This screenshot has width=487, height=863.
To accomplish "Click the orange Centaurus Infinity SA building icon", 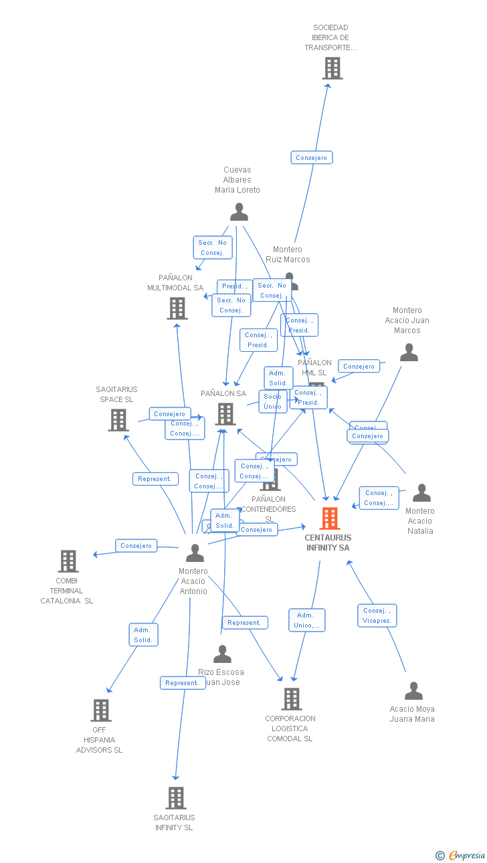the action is click(x=330, y=518).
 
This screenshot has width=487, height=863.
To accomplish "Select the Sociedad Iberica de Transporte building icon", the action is click(x=332, y=68).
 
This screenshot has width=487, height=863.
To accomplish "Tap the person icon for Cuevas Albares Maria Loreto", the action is click(x=239, y=212).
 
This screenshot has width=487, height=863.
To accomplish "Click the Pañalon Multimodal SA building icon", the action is click(x=177, y=308).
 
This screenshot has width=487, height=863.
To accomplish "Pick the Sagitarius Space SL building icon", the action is click(x=118, y=420).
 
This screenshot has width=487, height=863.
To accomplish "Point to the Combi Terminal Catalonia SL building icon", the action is click(x=68, y=561).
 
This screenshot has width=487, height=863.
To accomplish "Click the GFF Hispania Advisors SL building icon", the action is click(x=101, y=710).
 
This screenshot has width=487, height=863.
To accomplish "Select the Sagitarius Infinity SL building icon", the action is click(x=176, y=798).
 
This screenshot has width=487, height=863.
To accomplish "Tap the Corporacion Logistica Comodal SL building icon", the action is click(x=292, y=699).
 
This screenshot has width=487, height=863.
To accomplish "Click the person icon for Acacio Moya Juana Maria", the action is click(x=414, y=691).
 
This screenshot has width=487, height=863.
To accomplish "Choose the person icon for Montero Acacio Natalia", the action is click(x=421, y=493).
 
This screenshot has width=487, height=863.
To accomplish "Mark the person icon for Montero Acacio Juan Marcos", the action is click(x=409, y=353).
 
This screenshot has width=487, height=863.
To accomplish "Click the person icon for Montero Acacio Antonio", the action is click(x=195, y=553).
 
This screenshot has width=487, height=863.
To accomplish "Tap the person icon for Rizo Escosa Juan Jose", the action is click(x=222, y=654).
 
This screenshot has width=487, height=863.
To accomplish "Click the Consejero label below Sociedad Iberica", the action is click(x=312, y=158).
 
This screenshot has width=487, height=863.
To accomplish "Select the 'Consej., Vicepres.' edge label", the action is click(x=377, y=615).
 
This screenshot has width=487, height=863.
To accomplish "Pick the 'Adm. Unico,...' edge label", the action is click(x=306, y=620).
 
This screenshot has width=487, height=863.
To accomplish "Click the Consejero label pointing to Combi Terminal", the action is click(x=136, y=546).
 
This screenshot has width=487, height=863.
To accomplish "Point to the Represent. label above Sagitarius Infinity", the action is click(x=182, y=683).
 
